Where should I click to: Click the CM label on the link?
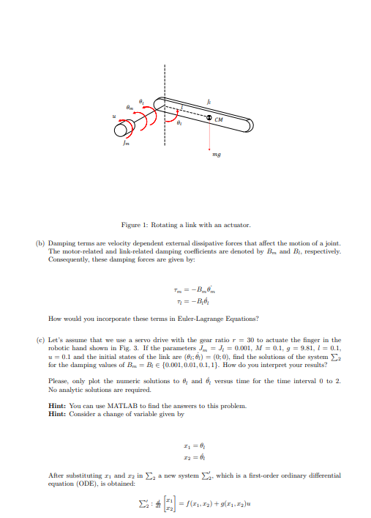coord(219,119)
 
